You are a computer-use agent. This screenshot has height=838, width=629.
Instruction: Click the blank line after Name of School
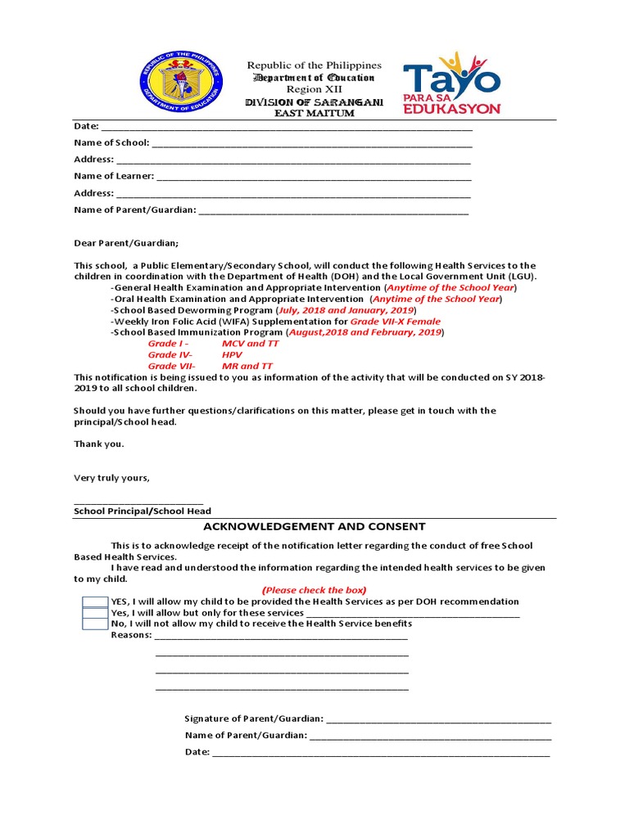[312, 143]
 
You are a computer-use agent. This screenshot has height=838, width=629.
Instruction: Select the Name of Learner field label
[114, 176]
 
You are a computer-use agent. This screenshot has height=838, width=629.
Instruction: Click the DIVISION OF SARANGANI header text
[314, 101]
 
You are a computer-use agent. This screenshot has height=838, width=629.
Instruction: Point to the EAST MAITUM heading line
[314, 113]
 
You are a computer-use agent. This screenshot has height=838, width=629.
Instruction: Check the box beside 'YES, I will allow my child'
[95, 601]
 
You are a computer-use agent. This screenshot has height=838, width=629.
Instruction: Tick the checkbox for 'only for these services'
[95, 613]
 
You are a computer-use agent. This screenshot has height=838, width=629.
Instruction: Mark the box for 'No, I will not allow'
[95, 624]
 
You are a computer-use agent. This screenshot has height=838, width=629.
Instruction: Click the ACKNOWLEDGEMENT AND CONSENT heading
[314, 526]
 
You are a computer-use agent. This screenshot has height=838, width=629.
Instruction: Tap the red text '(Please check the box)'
[314, 590]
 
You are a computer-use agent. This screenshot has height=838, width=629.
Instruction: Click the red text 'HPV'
[232, 355]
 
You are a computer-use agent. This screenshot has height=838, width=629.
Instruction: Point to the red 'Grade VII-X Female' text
[384, 322]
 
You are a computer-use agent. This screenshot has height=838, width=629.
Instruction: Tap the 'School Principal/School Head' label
[142, 511]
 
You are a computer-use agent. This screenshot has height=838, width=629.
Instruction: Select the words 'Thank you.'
[99, 444]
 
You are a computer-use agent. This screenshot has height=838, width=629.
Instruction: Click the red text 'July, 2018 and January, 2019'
[346, 311]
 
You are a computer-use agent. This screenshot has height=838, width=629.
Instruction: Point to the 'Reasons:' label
[131, 635]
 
